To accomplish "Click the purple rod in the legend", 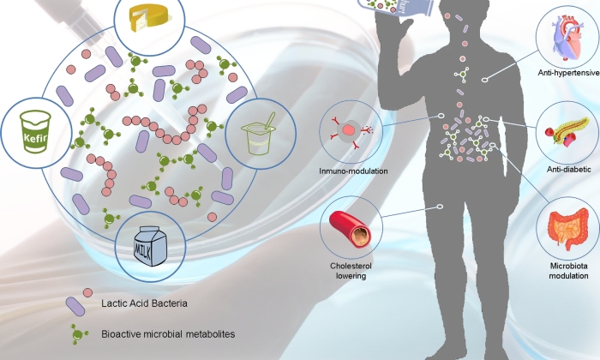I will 75,303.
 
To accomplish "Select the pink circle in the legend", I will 87,292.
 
